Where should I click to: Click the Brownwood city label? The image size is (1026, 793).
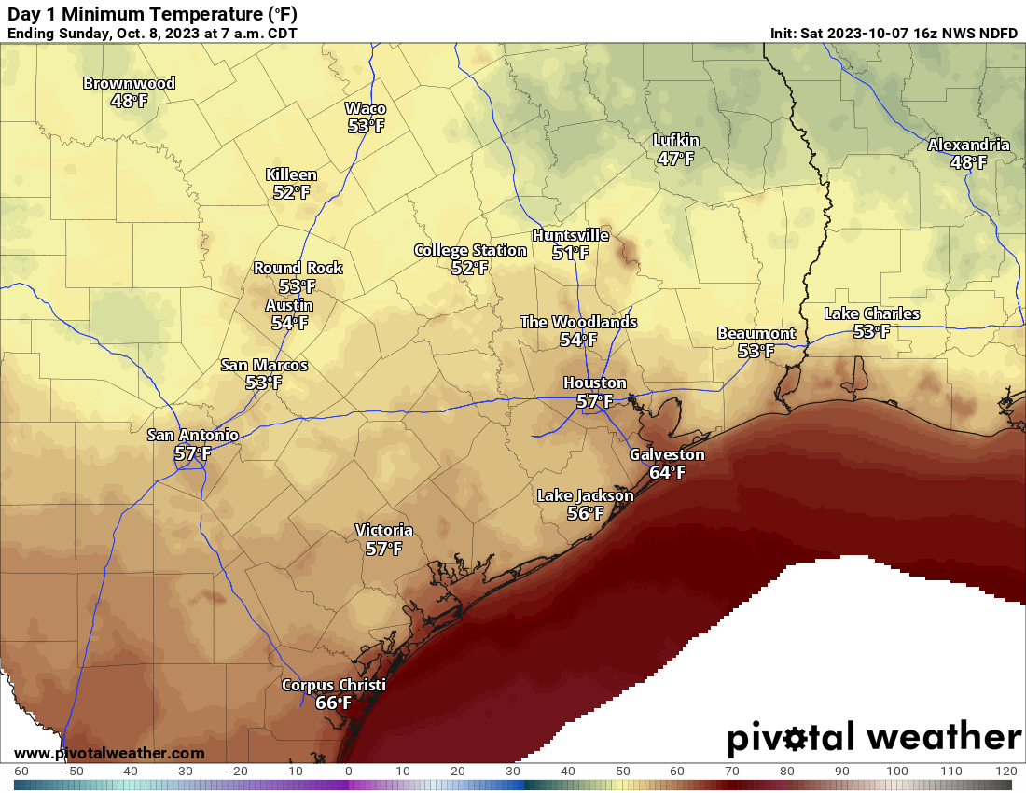[x=129, y=83]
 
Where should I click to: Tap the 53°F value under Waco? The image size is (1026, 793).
[x=366, y=126]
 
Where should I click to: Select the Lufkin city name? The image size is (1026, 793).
[x=675, y=141]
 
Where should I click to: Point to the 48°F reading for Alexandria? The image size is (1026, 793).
[x=968, y=162]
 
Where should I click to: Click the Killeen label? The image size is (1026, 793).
[x=291, y=174]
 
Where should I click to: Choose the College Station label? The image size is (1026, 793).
[x=470, y=250]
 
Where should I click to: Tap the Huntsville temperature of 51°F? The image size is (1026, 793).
[x=570, y=253]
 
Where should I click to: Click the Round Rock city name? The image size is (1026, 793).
[x=298, y=268]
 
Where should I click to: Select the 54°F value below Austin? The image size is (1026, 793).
[x=289, y=323]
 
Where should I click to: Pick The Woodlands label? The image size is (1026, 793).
[x=578, y=322]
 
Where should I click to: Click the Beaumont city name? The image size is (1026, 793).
[x=756, y=333]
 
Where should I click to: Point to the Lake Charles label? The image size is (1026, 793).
[x=871, y=313]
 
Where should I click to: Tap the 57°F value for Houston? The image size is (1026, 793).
[x=594, y=401]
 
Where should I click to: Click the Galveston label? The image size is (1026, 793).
[x=667, y=454]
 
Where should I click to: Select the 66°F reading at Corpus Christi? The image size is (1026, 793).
[x=333, y=703]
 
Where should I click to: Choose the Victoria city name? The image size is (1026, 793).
[x=383, y=530]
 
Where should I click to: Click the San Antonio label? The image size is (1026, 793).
[x=193, y=435]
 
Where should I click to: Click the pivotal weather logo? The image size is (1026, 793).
[x=874, y=738]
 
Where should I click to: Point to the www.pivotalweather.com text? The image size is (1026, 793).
[x=109, y=753]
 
